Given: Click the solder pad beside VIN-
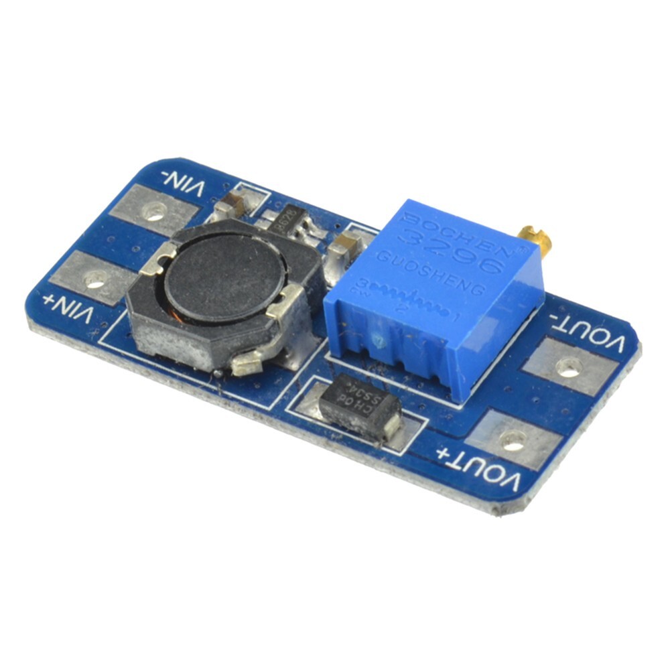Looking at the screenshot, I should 154,211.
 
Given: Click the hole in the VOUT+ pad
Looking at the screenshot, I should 513,440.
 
